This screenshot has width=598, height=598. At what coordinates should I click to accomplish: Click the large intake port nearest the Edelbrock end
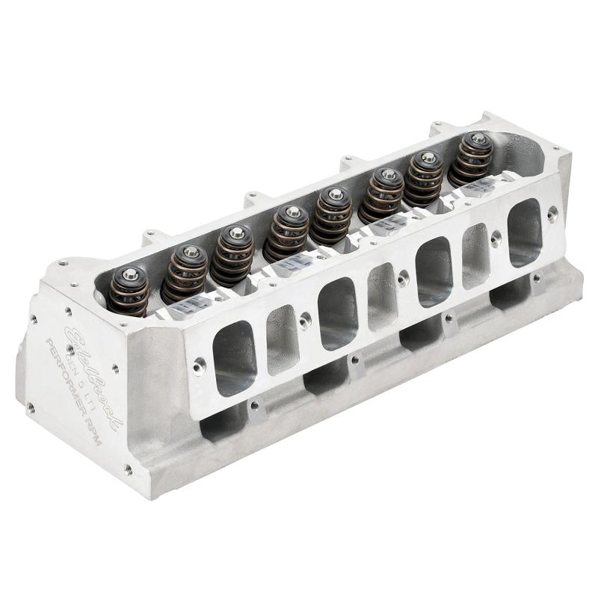pos(234,357)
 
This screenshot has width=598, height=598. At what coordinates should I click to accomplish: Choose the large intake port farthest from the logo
pos(525,232)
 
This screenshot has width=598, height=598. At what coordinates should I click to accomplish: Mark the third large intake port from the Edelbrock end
pos(434,271)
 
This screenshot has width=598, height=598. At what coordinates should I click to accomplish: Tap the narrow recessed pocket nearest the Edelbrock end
pos(283,339)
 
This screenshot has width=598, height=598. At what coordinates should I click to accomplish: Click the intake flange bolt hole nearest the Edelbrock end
pos(200,366)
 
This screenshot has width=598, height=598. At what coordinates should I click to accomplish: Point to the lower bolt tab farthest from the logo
pos(537,281)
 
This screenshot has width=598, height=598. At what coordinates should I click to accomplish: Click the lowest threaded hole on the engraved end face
pos(129,469)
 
